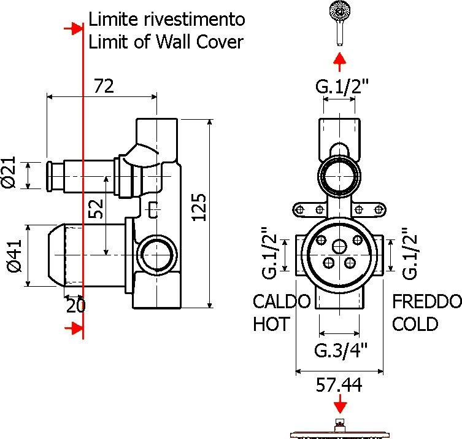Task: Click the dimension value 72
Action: point(104,87)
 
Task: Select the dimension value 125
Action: point(199,212)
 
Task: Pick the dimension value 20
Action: point(75,305)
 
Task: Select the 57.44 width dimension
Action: point(339,385)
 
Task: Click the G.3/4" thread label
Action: point(341,351)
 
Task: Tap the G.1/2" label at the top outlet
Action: point(342,88)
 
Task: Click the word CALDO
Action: point(282,302)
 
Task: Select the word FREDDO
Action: point(427,302)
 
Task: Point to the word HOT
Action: point(271,324)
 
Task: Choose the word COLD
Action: point(415,324)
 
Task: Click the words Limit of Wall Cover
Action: point(166,42)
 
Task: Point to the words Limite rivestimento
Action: point(167,20)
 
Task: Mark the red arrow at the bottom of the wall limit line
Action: point(75,329)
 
